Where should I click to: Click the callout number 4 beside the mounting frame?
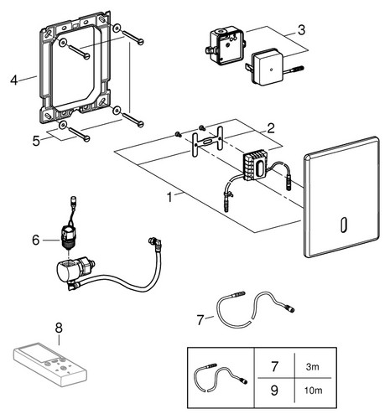(x=13, y=80)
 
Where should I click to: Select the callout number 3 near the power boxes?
(x=301, y=30)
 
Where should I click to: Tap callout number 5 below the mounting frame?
(x=36, y=141)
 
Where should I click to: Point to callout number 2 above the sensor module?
(x=271, y=128)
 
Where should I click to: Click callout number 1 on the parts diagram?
(x=169, y=197)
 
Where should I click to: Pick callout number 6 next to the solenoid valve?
(x=36, y=240)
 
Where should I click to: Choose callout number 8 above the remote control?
(x=59, y=328)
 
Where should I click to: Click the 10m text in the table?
(x=313, y=391)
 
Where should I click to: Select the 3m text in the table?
(x=312, y=367)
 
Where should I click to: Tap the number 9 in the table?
(x=274, y=390)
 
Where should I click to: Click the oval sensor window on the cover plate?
(x=345, y=225)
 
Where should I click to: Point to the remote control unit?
(x=50, y=365)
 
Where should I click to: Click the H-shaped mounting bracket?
(x=207, y=142)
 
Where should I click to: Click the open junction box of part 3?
(x=227, y=45)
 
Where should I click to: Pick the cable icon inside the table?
(x=221, y=378)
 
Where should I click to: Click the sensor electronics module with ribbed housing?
(x=256, y=165)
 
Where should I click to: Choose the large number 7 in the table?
(x=274, y=367)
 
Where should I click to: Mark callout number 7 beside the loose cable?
(x=200, y=320)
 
